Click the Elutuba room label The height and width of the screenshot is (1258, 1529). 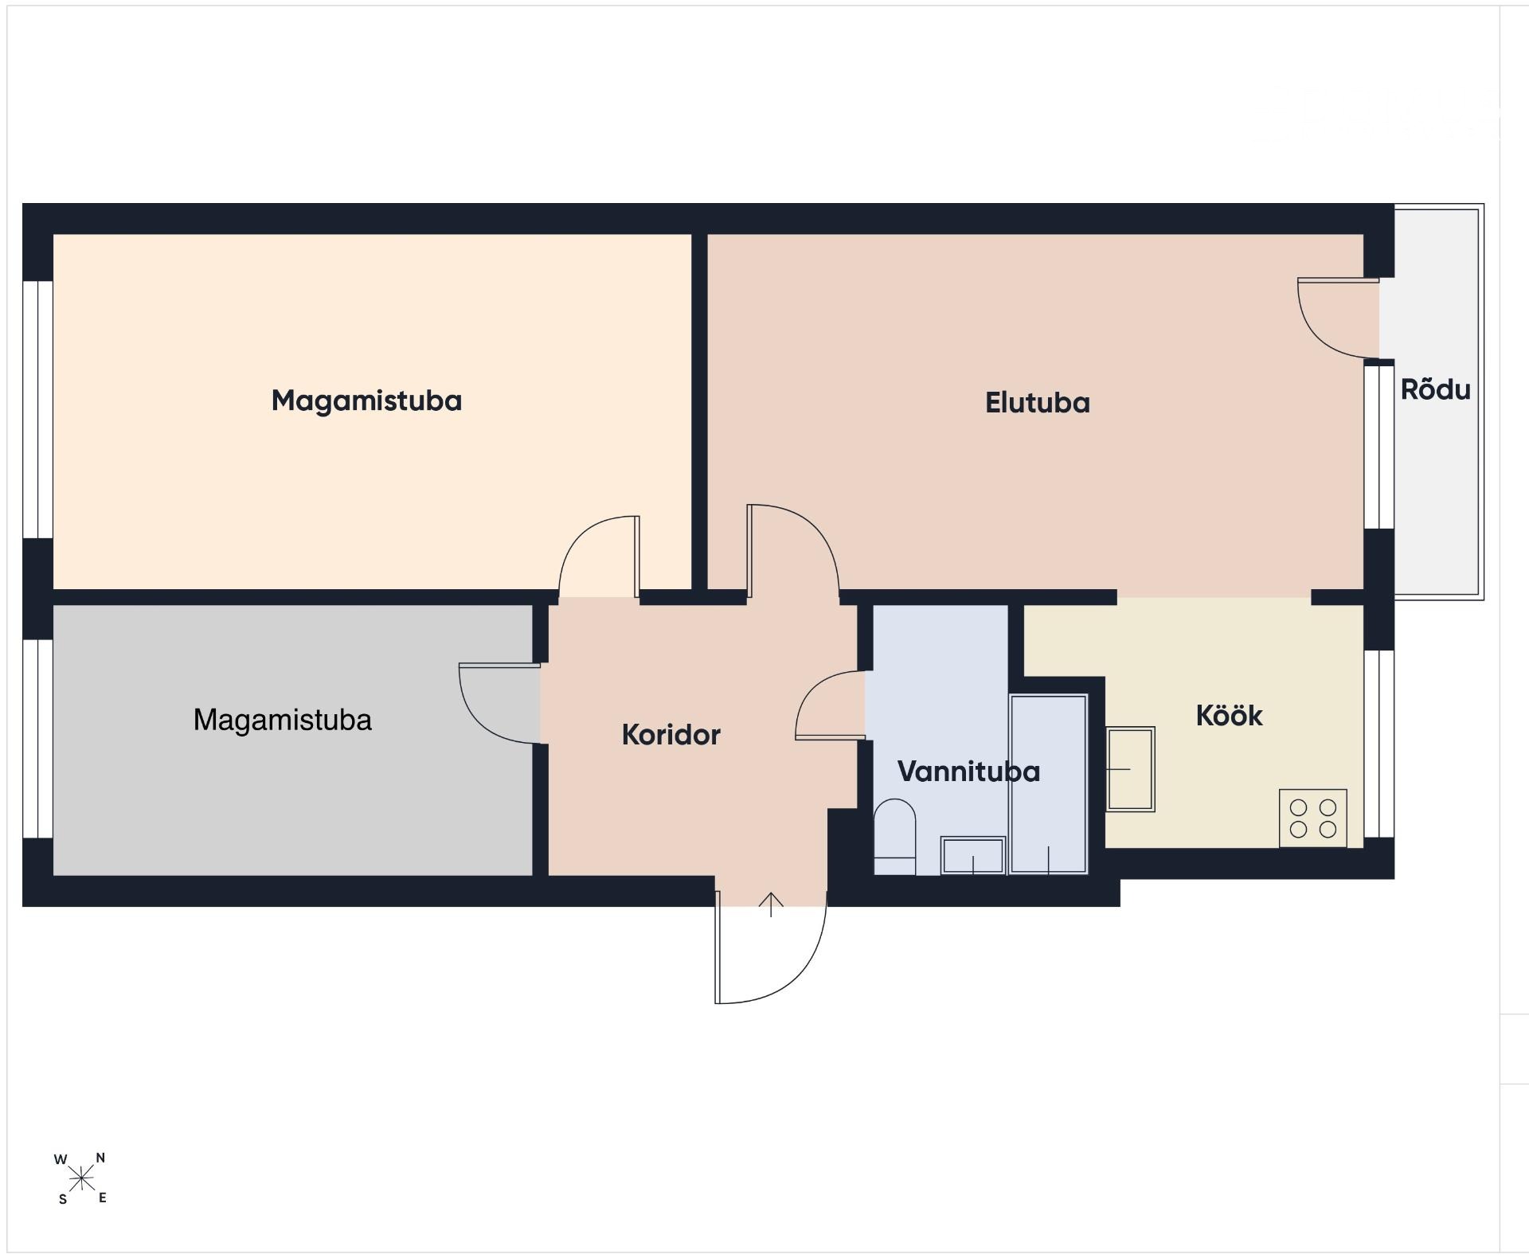(1037, 403)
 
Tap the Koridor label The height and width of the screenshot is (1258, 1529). (671, 735)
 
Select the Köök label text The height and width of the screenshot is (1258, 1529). (1229, 716)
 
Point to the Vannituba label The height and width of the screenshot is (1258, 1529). (968, 772)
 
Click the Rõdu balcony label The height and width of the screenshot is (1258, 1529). (1435, 389)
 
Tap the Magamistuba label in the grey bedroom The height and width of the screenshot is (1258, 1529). (283, 720)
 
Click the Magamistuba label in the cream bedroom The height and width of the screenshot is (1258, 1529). (366, 400)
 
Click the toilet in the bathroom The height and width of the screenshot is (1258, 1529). (895, 837)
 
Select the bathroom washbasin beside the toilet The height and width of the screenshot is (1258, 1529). (972, 855)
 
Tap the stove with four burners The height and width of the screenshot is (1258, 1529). (1312, 818)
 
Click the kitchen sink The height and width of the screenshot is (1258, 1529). (1131, 769)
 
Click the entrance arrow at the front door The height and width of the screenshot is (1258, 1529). (771, 904)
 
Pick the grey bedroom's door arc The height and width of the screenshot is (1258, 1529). (481, 722)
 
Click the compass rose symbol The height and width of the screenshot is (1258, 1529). (80, 1178)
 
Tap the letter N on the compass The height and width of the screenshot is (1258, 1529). (100, 1158)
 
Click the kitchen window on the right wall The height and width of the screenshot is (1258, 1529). (1379, 744)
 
